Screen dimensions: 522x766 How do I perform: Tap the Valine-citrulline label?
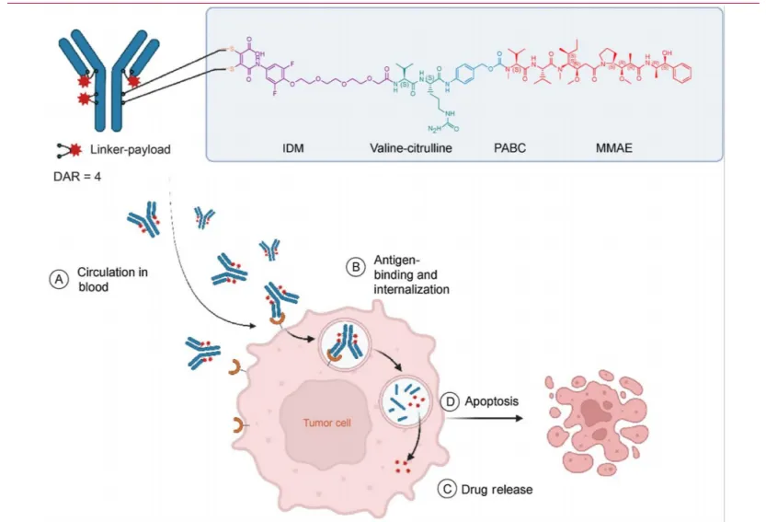(x=411, y=146)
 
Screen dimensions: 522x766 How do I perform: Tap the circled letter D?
(x=451, y=402)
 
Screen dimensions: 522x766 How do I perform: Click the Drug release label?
(x=499, y=489)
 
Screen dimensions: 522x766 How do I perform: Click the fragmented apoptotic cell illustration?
(x=598, y=419)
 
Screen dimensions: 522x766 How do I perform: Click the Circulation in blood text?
(x=105, y=279)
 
